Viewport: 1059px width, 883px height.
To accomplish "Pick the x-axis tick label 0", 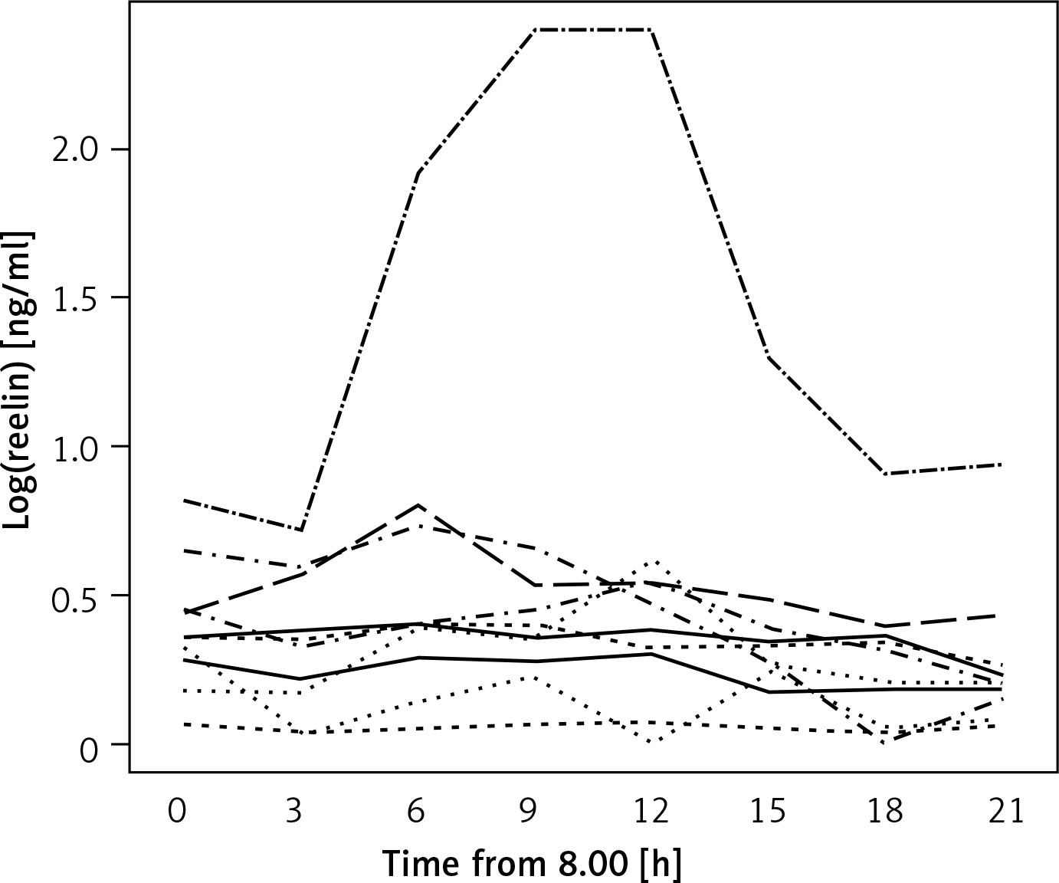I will (x=178, y=811).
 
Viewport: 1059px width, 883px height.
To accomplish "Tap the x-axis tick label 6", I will (x=415, y=811).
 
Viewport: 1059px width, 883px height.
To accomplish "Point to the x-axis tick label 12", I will (x=651, y=811).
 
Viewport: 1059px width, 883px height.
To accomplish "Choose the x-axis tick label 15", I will (x=769, y=811).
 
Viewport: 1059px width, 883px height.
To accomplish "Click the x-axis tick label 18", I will (x=887, y=811).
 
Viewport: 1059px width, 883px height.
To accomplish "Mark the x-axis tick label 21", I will (x=1005, y=811).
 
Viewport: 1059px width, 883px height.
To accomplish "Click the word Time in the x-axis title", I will (x=420, y=863).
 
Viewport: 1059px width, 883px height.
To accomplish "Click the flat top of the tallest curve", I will (x=592, y=30).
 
